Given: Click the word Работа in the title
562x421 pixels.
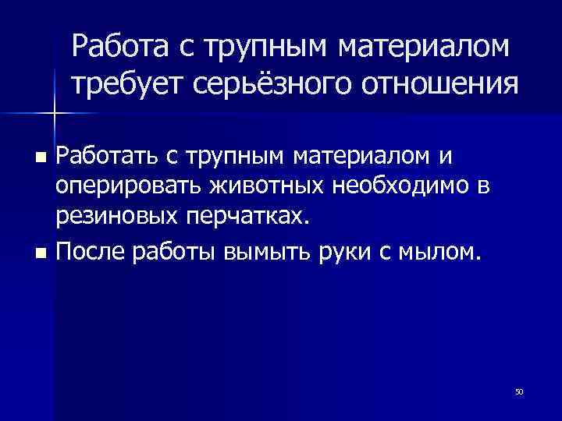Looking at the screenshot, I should click(x=118, y=48).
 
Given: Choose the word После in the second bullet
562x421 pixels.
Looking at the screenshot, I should click(x=84, y=251).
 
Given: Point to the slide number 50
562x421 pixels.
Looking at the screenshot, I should click(x=518, y=391).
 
